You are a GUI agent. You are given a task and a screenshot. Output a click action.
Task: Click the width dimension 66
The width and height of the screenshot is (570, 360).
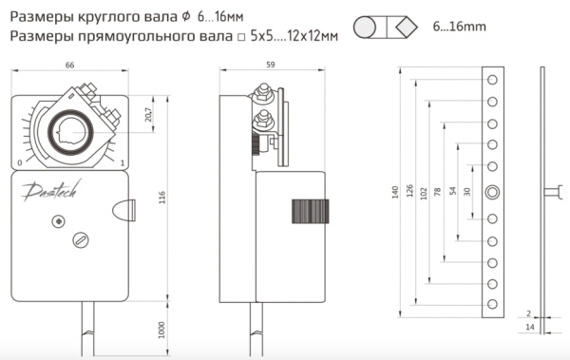pos(69,65)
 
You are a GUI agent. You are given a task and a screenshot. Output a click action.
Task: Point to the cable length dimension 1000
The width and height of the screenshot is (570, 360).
pos(161,331)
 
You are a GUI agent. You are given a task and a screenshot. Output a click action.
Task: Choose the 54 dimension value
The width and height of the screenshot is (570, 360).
pos(452,190)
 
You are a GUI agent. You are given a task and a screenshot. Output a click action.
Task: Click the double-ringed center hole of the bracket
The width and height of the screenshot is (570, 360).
pos(492,193)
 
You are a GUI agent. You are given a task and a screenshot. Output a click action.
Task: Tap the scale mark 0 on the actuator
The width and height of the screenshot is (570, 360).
pos(20,162)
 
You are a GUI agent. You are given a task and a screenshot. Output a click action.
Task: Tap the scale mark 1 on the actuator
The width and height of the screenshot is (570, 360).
pos(123,162)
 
